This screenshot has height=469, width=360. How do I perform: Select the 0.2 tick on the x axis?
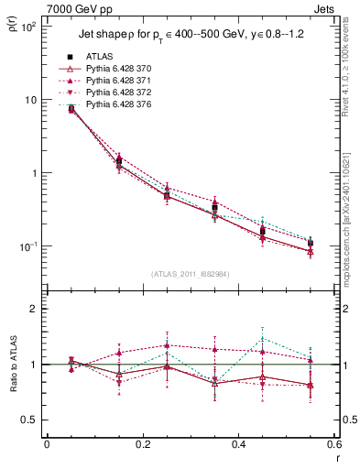coord(142,444)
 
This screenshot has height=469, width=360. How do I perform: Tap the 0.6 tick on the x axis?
coord(333,444)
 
